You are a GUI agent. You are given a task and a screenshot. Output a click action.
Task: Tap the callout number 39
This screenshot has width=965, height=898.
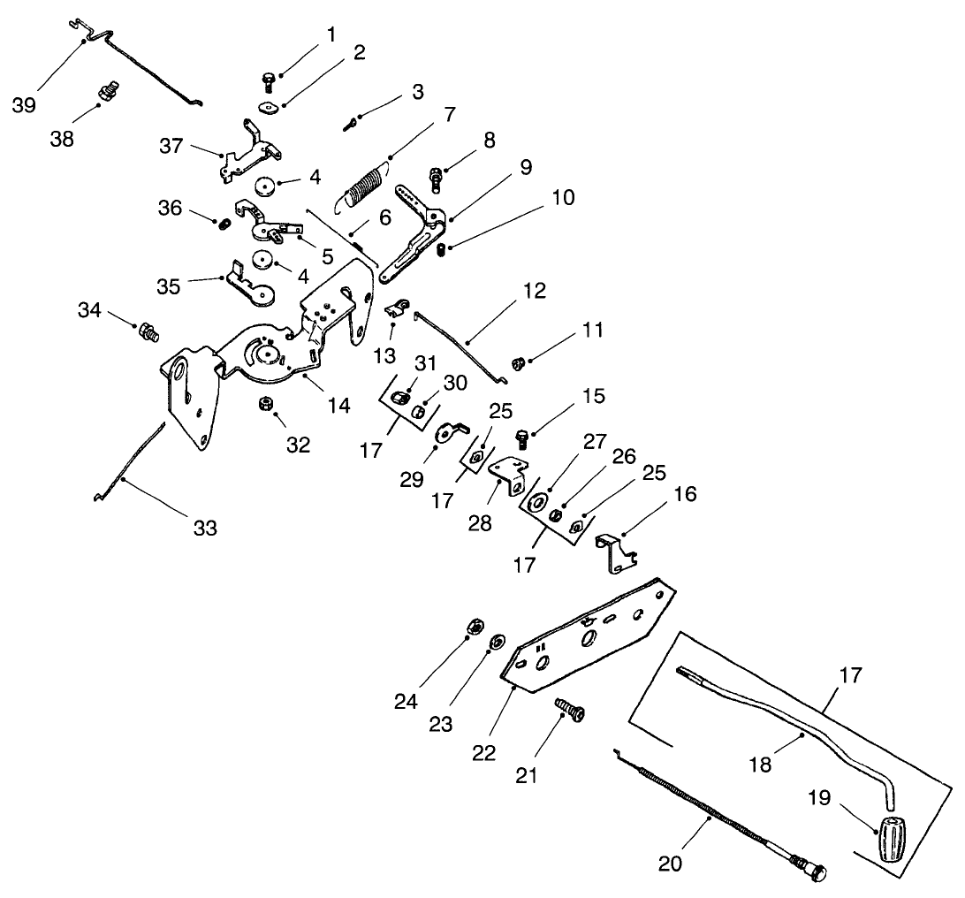(x=26, y=105)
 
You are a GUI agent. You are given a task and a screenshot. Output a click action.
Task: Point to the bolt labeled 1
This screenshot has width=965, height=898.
(x=268, y=81)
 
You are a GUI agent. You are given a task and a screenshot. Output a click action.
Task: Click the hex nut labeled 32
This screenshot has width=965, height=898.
(x=262, y=405)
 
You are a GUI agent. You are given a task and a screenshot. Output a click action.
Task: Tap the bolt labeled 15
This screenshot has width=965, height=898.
(x=522, y=438)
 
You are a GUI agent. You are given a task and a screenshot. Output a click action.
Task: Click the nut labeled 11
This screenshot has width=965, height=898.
(x=520, y=361)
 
